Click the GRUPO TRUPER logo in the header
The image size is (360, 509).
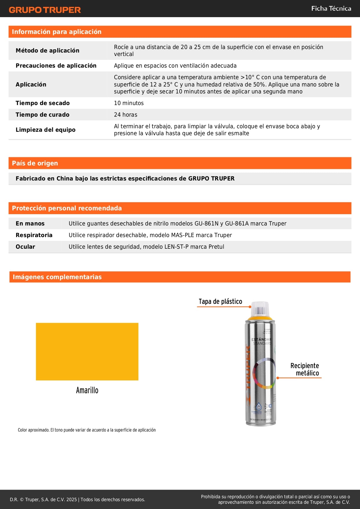tap(45, 10)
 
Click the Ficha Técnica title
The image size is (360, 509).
tap(331, 8)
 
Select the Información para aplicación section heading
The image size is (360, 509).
tap(57, 32)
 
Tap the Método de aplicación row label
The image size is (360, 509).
tap(47, 50)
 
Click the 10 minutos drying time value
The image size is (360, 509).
tap(129, 103)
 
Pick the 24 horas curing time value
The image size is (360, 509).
tap(125, 115)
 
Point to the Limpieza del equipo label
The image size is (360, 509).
tap(45, 130)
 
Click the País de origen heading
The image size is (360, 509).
tap(35, 163)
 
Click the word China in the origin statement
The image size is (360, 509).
tap(65, 178)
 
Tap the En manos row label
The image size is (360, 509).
tap(30, 223)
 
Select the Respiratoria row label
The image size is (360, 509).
tap(34, 235)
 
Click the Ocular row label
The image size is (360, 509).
tap(25, 247)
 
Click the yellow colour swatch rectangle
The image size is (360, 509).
tap(87, 351)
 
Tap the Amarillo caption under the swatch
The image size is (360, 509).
tap(87, 390)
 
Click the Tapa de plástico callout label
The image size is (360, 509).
tap(220, 302)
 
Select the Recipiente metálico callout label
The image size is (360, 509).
tap(305, 369)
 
